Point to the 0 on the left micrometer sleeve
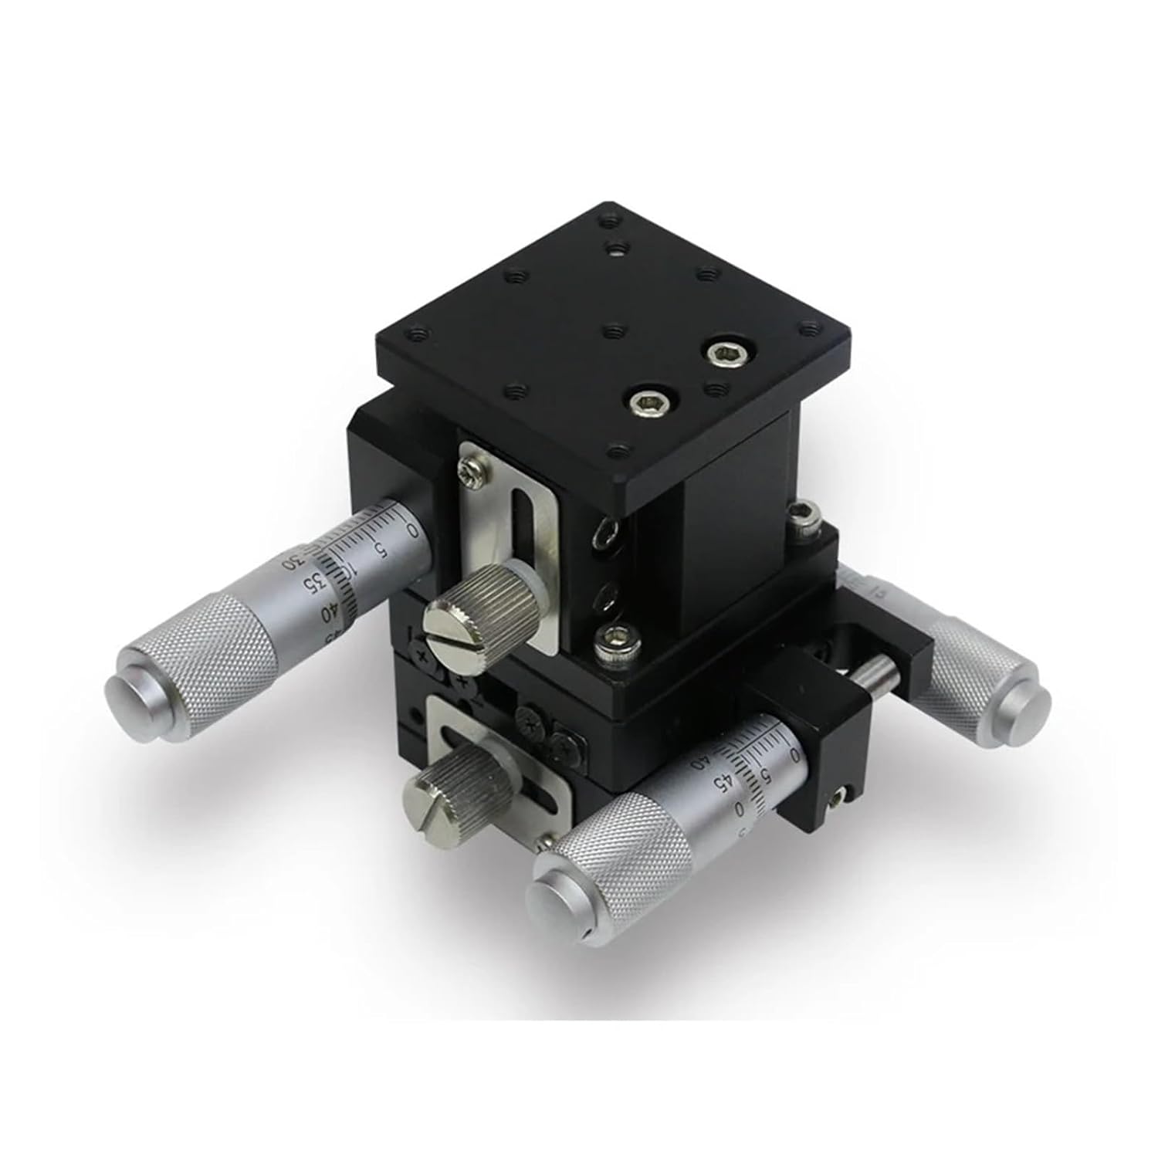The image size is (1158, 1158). click(x=413, y=530)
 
